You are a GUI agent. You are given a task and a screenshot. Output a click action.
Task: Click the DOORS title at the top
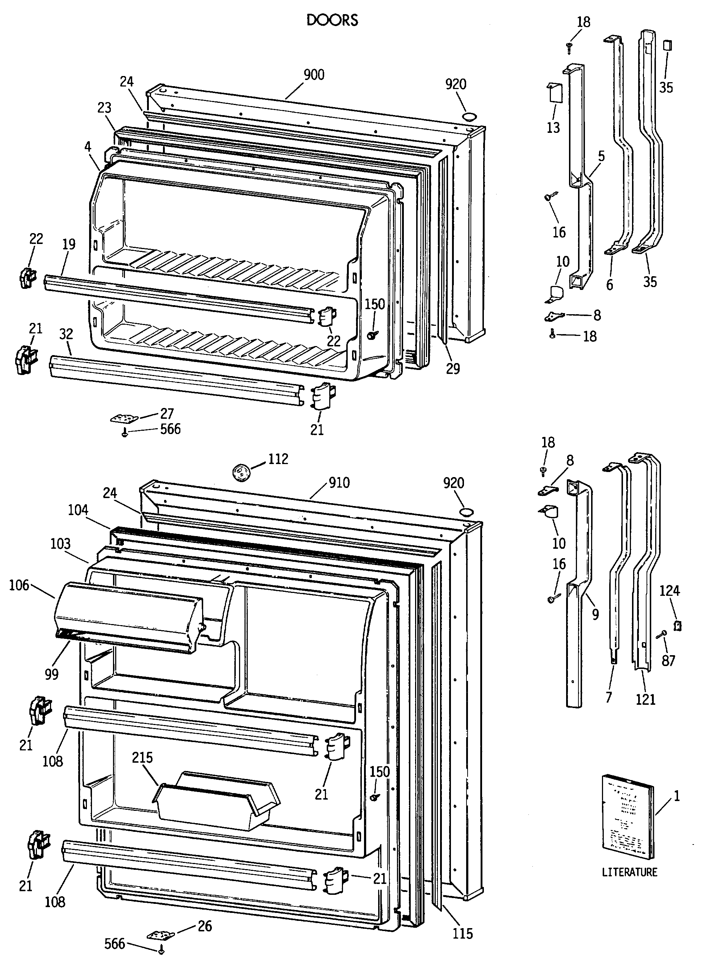coord(332,20)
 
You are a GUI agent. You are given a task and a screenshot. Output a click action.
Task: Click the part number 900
coord(314,75)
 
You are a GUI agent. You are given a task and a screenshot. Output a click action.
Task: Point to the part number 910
coord(339,483)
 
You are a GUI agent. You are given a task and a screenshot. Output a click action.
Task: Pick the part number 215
coord(142,758)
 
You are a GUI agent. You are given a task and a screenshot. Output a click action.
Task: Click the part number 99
coord(51,674)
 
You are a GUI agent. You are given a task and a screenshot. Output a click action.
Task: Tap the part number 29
coord(453,368)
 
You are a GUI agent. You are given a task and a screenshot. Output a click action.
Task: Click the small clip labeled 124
coord(677,626)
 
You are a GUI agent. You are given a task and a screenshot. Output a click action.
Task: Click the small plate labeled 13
coord(554,93)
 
